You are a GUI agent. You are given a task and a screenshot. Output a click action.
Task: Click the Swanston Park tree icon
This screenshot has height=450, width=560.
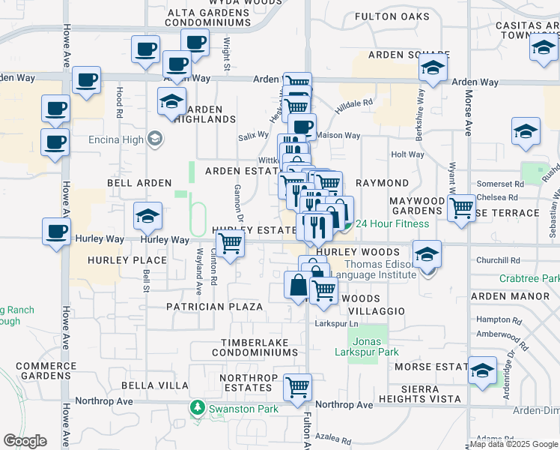coord(198,409)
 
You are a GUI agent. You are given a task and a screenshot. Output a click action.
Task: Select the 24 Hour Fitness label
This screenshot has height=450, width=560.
coord(392,223)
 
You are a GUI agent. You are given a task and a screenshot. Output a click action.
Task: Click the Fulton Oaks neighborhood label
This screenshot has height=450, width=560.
coord(392,16)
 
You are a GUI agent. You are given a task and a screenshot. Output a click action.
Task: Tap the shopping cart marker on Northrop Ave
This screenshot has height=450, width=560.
coord(297,387)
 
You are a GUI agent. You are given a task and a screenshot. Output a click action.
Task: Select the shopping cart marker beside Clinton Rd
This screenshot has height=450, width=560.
coord(230,244)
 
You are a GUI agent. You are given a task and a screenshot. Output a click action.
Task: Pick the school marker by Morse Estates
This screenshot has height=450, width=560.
coord(483,370)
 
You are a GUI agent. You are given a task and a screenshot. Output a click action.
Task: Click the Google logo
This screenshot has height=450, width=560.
coord(25,441)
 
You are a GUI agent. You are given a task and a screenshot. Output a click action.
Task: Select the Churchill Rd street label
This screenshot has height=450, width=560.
coord(498,261)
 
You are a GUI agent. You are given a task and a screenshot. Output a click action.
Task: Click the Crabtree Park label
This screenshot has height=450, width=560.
coord(529,278)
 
